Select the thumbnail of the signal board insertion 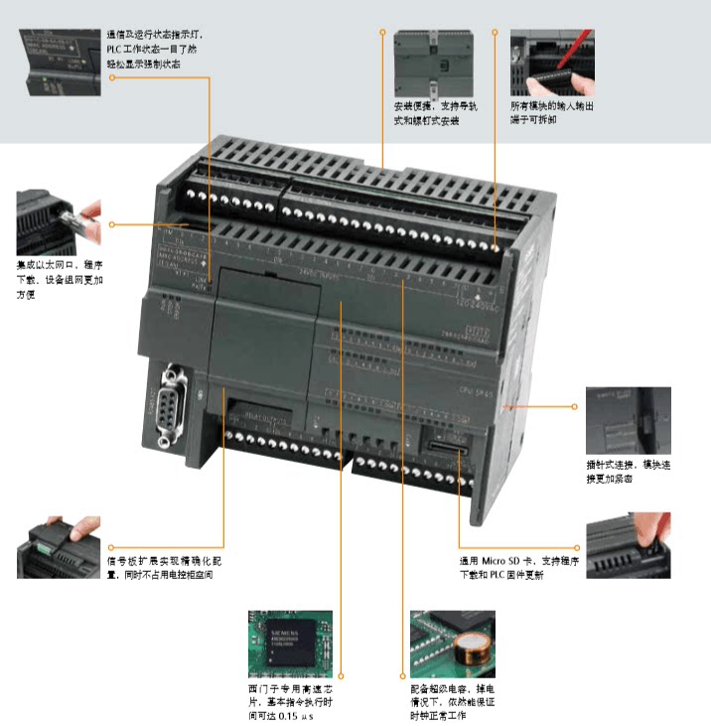click(59, 547)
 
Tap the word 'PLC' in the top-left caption click(117, 49)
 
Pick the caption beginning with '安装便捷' click(426, 113)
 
